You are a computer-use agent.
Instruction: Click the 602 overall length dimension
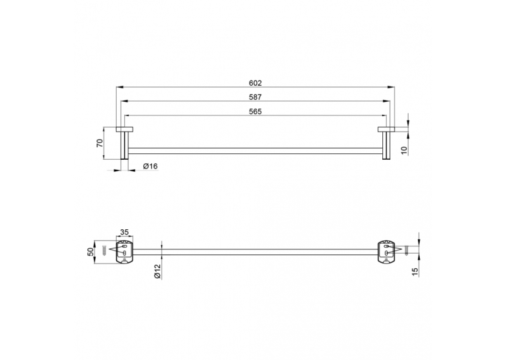[x=255, y=83]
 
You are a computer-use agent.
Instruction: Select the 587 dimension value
[x=255, y=97]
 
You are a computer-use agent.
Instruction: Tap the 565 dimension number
[x=255, y=112]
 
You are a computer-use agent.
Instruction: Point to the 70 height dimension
[x=100, y=143]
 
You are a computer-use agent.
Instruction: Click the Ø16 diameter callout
[x=151, y=166]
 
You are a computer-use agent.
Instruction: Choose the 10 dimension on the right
[x=405, y=150]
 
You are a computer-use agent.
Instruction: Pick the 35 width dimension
[x=124, y=232]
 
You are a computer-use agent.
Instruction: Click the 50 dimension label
[x=91, y=252]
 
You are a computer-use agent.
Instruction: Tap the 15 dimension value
[x=415, y=272]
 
